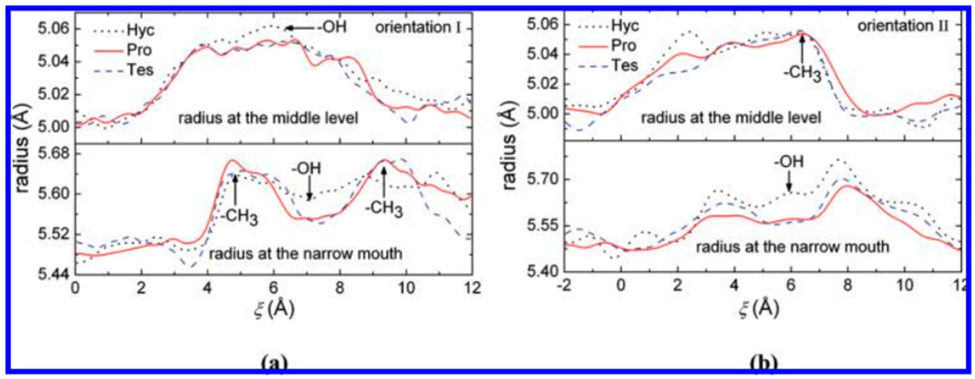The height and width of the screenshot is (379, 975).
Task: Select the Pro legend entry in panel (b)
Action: point(624,46)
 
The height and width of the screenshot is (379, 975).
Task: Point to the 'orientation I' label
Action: point(418,28)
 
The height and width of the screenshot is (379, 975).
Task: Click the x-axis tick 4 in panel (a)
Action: point(207,289)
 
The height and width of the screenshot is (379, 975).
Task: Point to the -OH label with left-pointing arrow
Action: point(332,27)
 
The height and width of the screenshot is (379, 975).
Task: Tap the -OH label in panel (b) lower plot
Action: point(789,162)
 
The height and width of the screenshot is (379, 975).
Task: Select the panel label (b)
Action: point(763,364)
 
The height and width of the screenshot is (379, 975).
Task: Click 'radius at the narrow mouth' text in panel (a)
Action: point(306,253)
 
